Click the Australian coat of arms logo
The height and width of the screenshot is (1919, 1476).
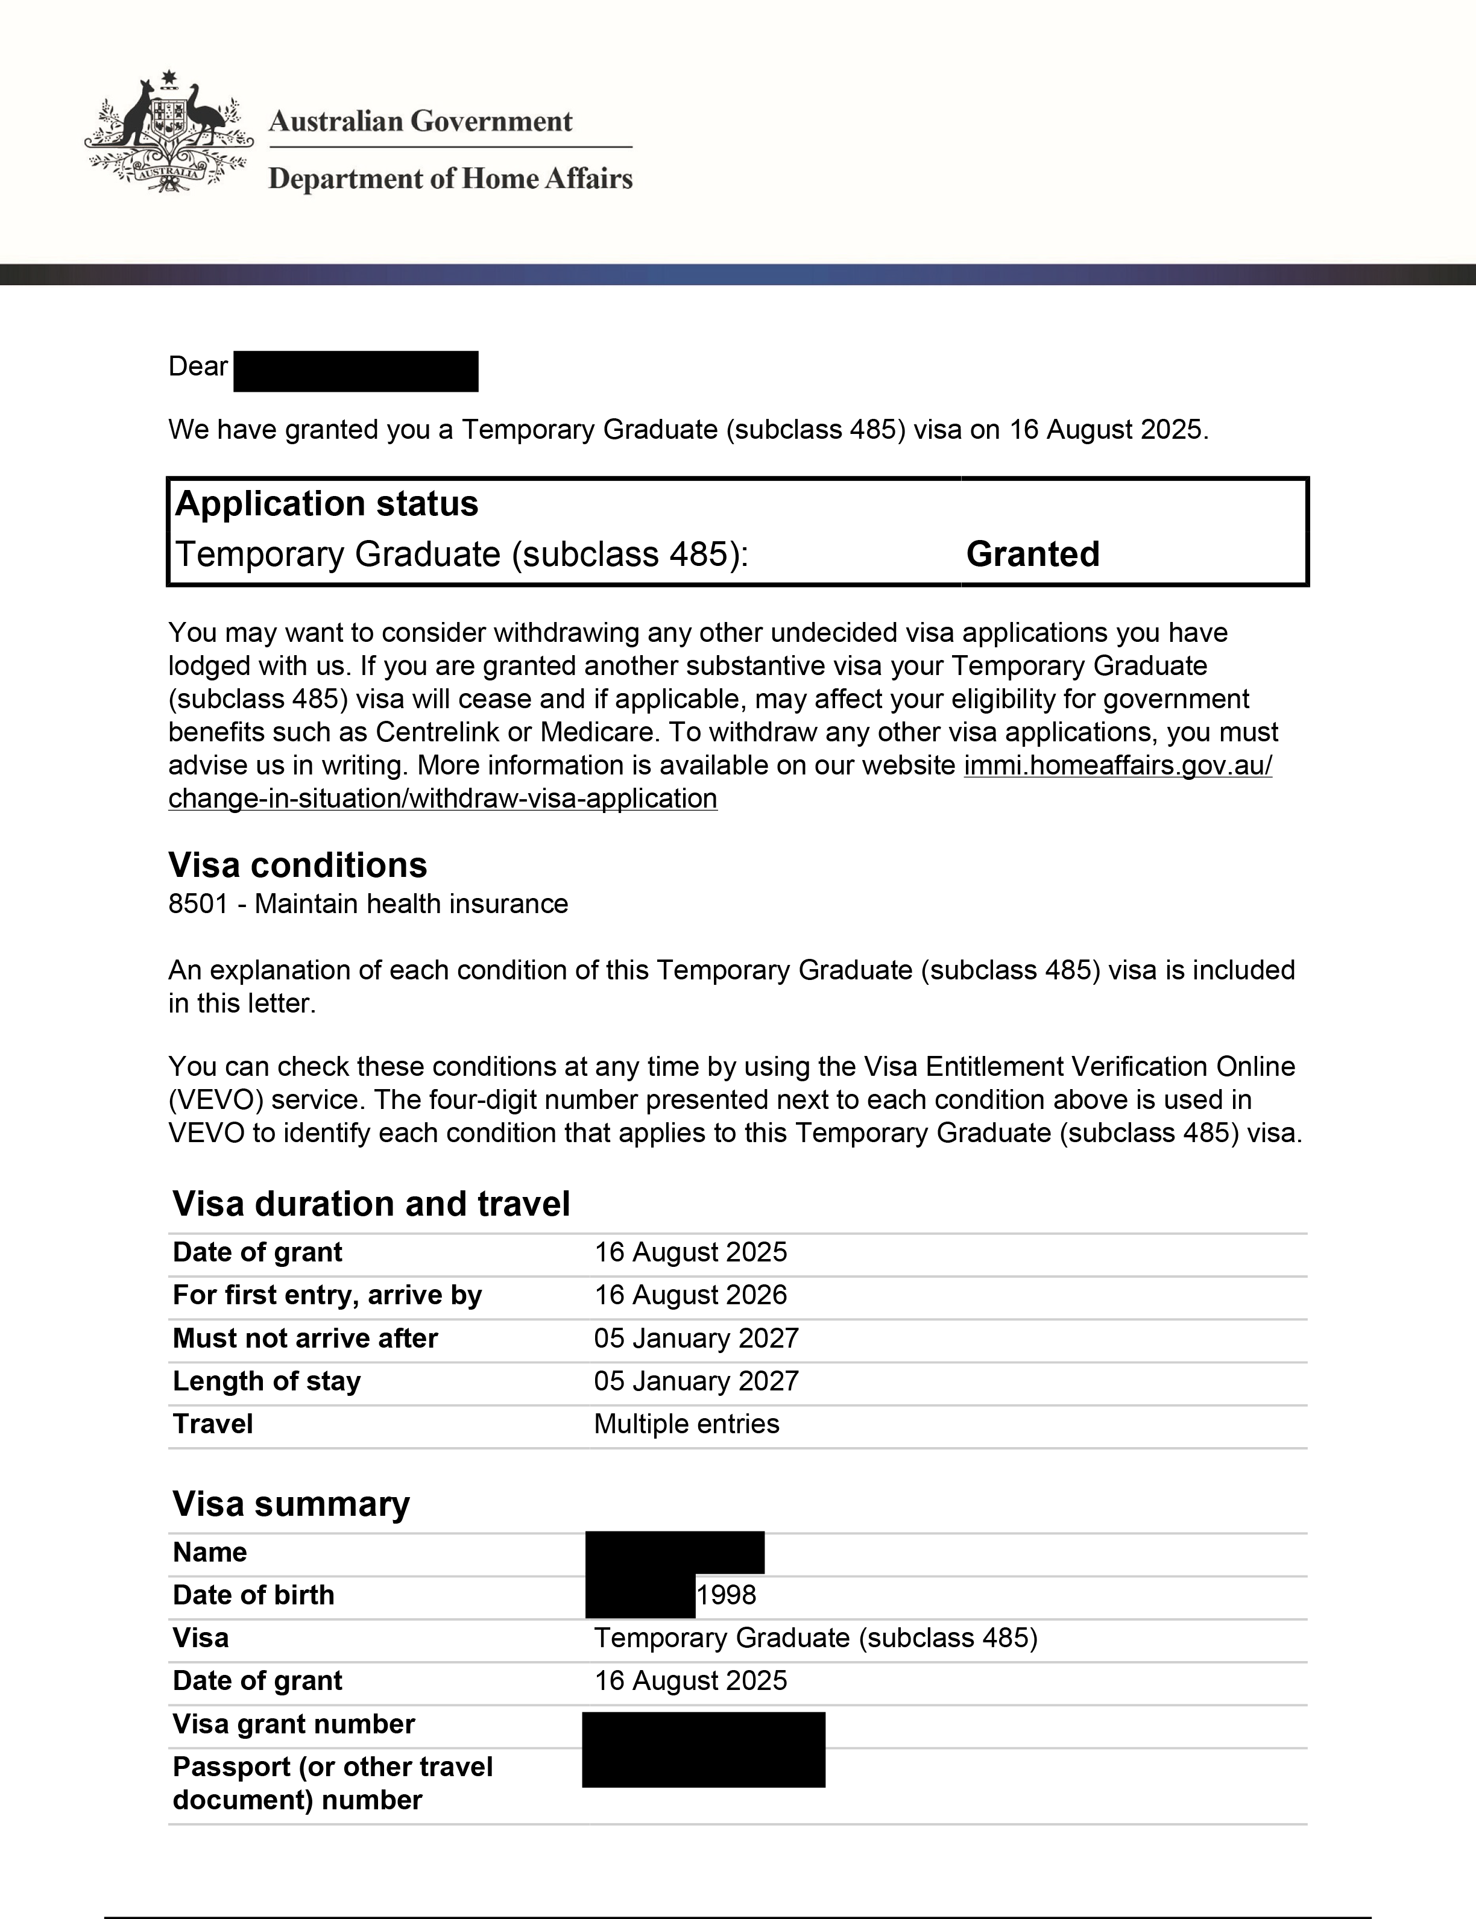click(x=169, y=132)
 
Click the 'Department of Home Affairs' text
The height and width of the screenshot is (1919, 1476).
click(x=450, y=179)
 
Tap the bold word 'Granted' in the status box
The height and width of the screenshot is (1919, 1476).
click(x=1032, y=554)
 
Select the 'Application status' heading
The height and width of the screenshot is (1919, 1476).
click(x=327, y=503)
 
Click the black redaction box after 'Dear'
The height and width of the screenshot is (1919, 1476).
click(x=356, y=371)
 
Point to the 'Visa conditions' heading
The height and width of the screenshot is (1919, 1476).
click(x=297, y=865)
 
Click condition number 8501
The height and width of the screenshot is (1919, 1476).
click(x=198, y=903)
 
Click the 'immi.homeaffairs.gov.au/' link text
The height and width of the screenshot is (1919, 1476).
click(x=1117, y=765)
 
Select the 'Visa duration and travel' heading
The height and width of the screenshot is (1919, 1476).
click(x=371, y=1203)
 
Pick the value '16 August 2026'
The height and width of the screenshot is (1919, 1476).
click(x=690, y=1295)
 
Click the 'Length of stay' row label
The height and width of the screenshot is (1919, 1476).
click(x=266, y=1381)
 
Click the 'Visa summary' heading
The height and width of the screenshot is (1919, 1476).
click(x=291, y=1504)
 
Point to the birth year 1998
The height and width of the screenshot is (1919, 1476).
click(x=727, y=1594)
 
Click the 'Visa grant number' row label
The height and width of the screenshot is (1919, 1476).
click(x=294, y=1724)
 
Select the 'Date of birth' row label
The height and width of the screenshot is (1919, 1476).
click(x=253, y=1594)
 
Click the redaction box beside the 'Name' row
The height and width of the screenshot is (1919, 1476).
click(x=675, y=1552)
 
